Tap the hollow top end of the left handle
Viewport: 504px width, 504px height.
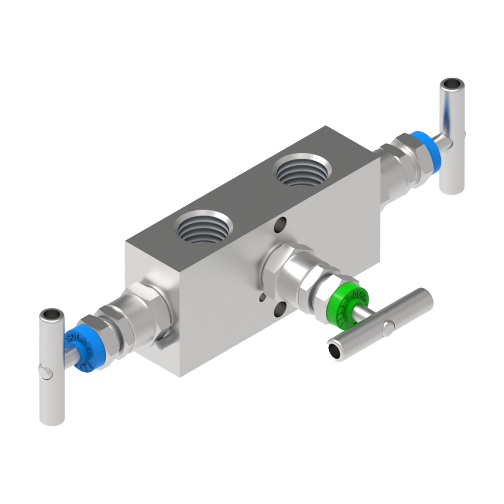(x=51, y=314)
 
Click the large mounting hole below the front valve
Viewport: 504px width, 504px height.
(x=281, y=309)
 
